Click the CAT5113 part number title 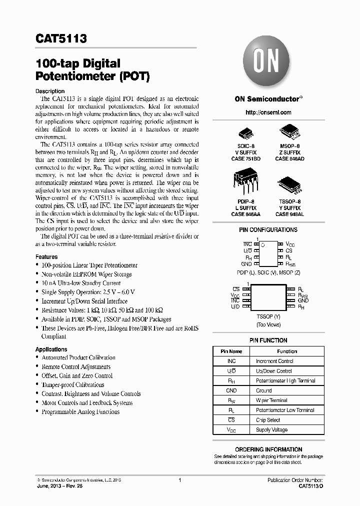pyautogui.click(x=61, y=38)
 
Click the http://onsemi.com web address pyautogui.click(x=268, y=112)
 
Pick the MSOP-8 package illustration pyautogui.click(x=289, y=131)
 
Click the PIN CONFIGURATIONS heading pyautogui.click(x=268, y=230)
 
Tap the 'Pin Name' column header pyautogui.click(x=231, y=351)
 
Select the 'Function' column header pyautogui.click(x=287, y=351)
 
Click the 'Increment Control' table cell pyautogui.click(x=274, y=361)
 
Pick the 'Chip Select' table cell pyautogui.click(x=268, y=420)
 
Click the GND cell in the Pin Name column pyautogui.click(x=231, y=390)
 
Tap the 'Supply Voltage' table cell pyautogui.click(x=271, y=430)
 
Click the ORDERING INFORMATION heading pyautogui.click(x=268, y=449)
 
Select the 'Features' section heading pyautogui.click(x=46, y=256)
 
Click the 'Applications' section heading pyautogui.click(x=51, y=349)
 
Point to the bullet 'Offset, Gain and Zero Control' pyautogui.click(x=77, y=375)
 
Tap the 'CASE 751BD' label pyautogui.click(x=245, y=158)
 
